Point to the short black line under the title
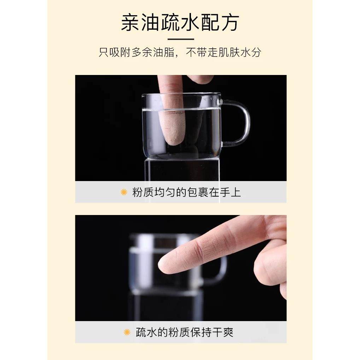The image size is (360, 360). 180,39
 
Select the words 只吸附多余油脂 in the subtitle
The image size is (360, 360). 137,53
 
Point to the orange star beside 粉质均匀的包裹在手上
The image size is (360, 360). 124,192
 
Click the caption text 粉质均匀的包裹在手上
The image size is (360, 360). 186,192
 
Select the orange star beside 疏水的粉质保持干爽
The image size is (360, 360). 127,332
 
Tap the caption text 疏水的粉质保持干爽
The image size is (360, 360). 185,332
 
